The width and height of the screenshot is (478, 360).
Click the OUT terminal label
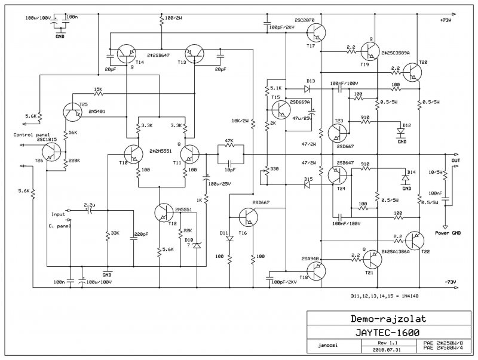click(x=456, y=159)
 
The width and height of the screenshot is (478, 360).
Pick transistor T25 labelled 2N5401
click(x=72, y=110)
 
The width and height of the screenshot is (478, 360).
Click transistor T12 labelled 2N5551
click(x=164, y=213)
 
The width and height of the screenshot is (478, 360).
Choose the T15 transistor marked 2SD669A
click(x=280, y=108)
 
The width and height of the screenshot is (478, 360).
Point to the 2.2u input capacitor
click(x=90, y=210)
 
